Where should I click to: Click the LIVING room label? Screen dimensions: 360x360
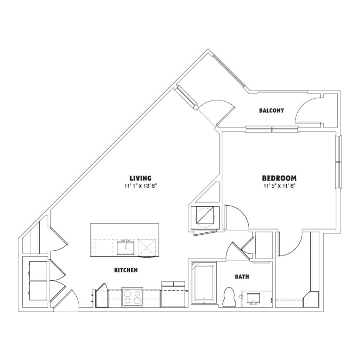coord(140,178)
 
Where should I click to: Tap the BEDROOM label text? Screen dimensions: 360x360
coord(279,178)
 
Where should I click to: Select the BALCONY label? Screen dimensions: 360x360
coord(271,110)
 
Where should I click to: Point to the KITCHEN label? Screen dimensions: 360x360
coord(126,270)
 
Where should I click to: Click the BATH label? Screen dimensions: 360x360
coord(242,277)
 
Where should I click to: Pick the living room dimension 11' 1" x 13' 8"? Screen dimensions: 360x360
coord(140,186)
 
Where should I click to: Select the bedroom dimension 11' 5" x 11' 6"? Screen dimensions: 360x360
coord(279,186)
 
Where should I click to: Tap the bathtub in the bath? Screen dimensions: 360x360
coord(204,283)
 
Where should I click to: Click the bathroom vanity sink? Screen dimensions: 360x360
coord(253,298)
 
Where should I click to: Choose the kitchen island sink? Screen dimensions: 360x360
coord(125,248)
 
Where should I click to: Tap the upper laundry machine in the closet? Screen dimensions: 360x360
coord(38,270)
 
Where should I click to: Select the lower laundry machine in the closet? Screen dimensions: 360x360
coord(38,290)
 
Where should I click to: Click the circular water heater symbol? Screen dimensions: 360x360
coord(205,217)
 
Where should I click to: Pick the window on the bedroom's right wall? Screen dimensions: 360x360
coord(338,162)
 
